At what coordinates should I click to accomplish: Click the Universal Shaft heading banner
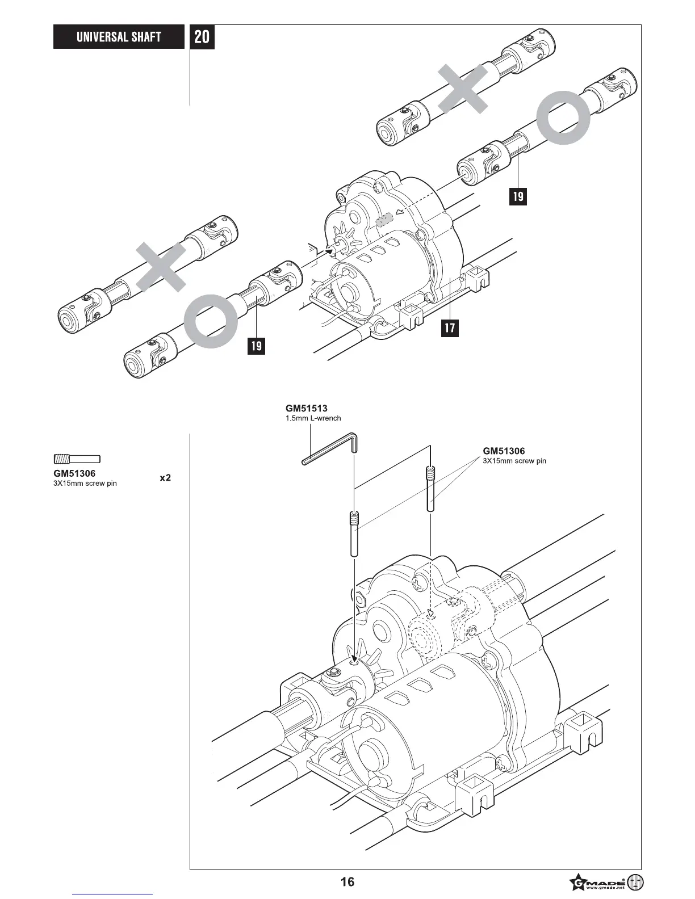click(119, 37)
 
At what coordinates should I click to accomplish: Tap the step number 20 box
click(202, 37)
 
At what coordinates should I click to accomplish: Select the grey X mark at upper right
click(463, 89)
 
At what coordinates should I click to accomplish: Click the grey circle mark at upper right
click(565, 117)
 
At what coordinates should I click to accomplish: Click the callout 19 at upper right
click(518, 196)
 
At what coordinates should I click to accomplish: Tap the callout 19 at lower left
click(257, 345)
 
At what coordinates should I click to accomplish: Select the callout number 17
click(450, 328)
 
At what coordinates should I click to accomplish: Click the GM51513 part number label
click(306, 408)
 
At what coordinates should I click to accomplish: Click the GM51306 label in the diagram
click(504, 451)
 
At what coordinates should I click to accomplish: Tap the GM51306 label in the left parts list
click(74, 473)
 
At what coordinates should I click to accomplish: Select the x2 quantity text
click(165, 478)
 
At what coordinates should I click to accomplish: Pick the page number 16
click(347, 881)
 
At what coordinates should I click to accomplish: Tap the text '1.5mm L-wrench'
click(313, 418)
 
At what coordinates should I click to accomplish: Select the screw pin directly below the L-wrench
click(354, 533)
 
